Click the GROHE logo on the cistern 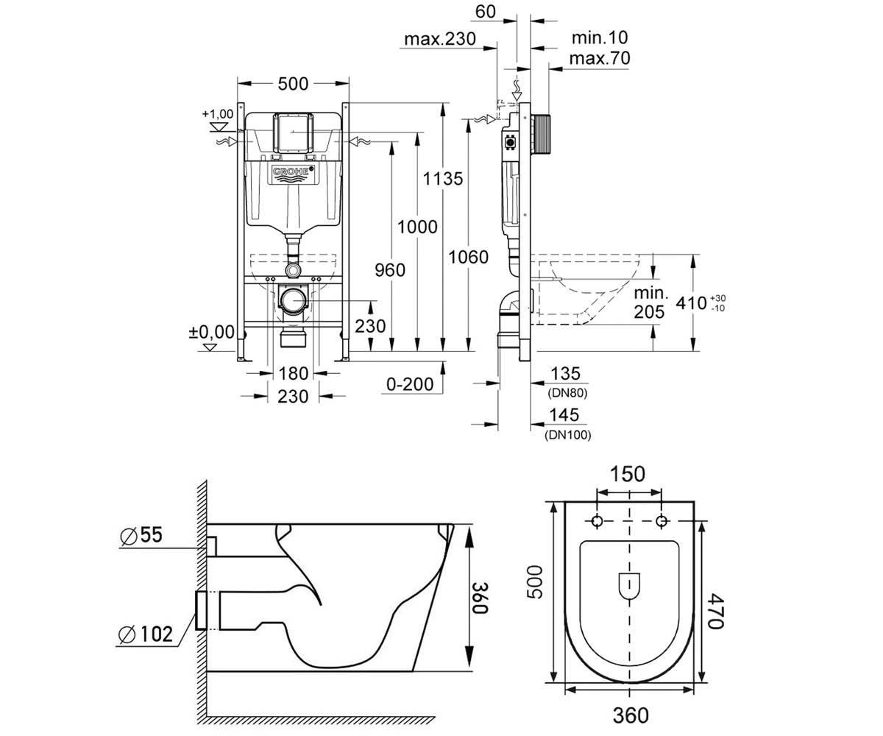tap(293, 174)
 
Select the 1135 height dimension tap(443, 179)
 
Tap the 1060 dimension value tap(468, 257)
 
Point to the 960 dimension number tap(390, 270)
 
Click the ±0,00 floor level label tap(211, 332)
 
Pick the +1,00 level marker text tap(217, 114)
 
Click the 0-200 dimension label tap(410, 384)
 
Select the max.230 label tap(440, 39)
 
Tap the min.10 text tap(600, 38)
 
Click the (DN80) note tap(567, 393)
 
